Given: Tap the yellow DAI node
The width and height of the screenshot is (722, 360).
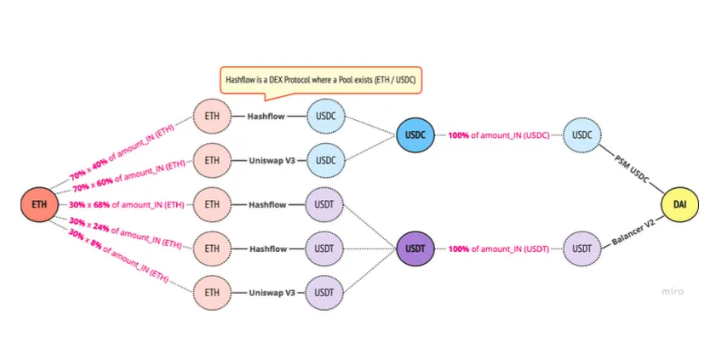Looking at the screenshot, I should pyautogui.click(x=680, y=205).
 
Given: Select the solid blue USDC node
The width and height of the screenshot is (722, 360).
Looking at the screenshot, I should pyautogui.click(x=416, y=135).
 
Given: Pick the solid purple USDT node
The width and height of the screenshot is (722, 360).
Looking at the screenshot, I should pyautogui.click(x=416, y=249).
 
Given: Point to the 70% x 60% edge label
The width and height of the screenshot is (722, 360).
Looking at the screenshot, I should pyautogui.click(x=128, y=176).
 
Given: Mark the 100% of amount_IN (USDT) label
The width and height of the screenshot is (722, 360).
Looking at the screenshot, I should pyautogui.click(x=500, y=249).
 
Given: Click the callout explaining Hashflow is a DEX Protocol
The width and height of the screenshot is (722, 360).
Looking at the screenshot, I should pyautogui.click(x=322, y=80).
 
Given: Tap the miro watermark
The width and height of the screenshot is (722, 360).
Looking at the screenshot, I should pyautogui.click(x=673, y=291).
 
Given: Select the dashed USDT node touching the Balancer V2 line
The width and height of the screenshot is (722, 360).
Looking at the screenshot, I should pyautogui.click(x=582, y=249).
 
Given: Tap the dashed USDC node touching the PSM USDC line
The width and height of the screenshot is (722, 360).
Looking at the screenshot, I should pyautogui.click(x=582, y=135).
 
